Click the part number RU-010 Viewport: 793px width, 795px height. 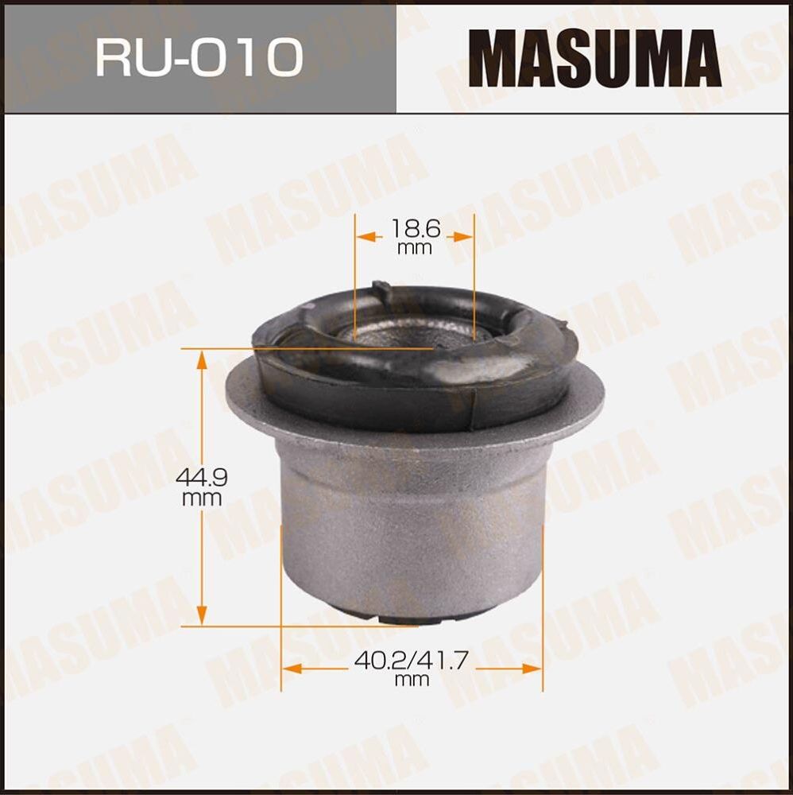click(199, 57)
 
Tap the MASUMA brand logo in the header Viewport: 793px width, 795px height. click(594, 58)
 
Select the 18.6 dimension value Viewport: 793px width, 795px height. click(415, 230)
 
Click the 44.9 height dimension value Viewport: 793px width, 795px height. click(202, 479)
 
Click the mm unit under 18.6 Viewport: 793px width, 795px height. click(415, 248)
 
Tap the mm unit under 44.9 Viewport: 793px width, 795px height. click(202, 499)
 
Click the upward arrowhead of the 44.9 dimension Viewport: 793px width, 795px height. click(202, 359)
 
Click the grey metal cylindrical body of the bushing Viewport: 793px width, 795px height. click(413, 525)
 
